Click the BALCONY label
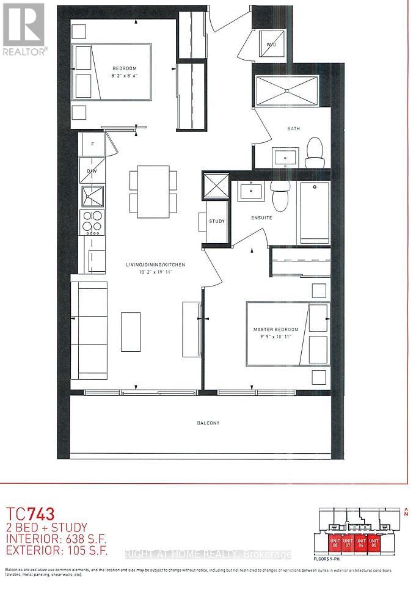point(208,423)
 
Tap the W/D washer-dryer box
point(269,43)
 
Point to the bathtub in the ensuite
point(313,213)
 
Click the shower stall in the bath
point(286,91)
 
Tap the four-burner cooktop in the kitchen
point(92,222)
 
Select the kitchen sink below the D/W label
point(92,196)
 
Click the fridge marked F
point(92,144)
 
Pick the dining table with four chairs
point(153,191)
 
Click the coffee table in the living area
point(131,331)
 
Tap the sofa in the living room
point(89,331)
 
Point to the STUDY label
point(216,221)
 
